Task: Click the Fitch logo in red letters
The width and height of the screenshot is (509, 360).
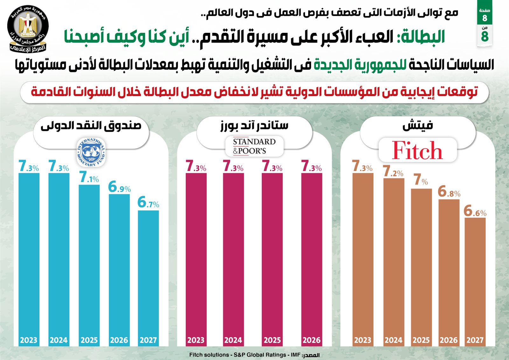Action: coord(417,150)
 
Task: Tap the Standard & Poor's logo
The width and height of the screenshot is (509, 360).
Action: coord(254,146)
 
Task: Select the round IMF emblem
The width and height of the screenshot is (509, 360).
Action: coord(91,152)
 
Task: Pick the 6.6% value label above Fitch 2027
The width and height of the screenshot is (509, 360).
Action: coord(475,211)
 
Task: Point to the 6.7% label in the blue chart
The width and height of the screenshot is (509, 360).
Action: coord(148,203)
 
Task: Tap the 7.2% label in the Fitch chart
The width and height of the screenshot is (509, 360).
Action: coord(393,172)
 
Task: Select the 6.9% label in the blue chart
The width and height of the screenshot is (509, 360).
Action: coord(119,187)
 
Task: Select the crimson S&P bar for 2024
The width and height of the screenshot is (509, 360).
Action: coord(233,255)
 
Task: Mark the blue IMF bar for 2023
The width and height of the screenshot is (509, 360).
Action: coord(29,255)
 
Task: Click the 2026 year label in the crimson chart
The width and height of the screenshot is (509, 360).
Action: coord(311,340)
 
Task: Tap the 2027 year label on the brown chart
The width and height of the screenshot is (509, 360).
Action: coord(475,340)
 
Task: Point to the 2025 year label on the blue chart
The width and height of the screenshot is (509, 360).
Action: coord(89,340)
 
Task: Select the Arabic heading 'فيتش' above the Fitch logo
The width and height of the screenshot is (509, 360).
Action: coord(418,126)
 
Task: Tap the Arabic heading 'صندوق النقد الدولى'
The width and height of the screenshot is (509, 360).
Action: coord(91,126)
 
